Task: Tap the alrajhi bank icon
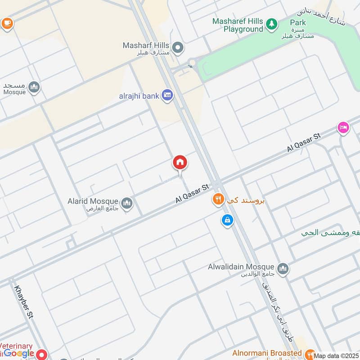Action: point(168,95)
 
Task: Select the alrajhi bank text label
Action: point(139,95)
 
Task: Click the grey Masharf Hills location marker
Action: point(178,46)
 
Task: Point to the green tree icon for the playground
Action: point(271,23)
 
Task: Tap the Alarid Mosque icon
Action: point(127,203)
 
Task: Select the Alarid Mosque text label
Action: point(93,201)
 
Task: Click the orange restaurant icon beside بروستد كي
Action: point(218,199)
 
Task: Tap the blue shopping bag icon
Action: point(227,220)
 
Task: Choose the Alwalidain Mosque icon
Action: point(283,269)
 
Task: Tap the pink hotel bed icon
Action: point(343,128)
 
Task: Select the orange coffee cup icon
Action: point(7,22)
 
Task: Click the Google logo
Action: point(19,354)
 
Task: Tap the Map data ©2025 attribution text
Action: point(336,356)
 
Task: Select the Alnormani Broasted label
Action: point(267,353)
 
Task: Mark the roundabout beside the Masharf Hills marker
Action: point(193,63)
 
